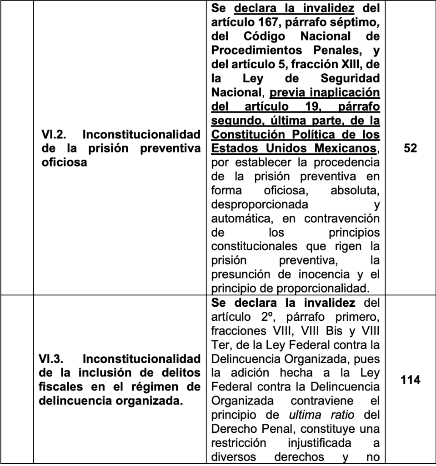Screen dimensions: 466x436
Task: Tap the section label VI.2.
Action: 53,136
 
